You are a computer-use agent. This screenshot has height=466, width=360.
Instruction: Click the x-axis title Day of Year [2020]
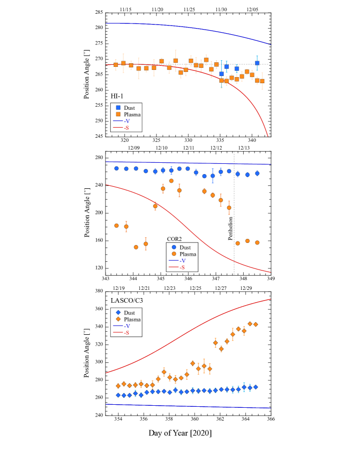(x=180, y=433)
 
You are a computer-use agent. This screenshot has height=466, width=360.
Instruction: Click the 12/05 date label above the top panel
(x=252, y=10)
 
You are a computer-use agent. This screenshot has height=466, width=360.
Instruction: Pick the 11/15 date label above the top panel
(x=125, y=10)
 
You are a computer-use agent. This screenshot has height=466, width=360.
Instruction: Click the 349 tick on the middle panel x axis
(x=271, y=279)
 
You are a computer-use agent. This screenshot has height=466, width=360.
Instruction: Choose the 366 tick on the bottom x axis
(x=271, y=419)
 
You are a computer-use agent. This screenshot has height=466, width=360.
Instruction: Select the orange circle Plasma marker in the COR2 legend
(x=174, y=254)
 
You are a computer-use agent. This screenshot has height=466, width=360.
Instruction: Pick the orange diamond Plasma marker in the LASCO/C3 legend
(x=118, y=320)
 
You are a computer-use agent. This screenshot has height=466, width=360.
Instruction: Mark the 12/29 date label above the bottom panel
(x=246, y=288)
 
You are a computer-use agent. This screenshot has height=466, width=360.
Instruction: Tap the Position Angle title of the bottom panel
(x=87, y=353)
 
